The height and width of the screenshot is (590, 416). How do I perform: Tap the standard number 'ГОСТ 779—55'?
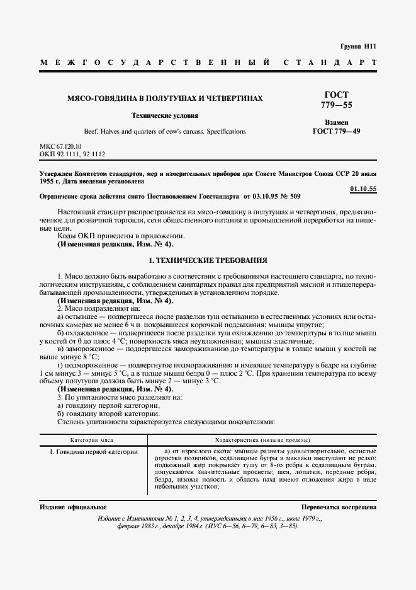335,100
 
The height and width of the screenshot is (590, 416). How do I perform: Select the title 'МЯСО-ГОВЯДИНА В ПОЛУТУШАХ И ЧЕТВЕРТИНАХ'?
165,99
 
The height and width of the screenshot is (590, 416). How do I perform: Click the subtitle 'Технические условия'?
165,116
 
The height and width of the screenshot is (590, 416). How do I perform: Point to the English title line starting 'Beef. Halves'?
165,132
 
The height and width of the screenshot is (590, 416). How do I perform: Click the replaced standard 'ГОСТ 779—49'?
336,132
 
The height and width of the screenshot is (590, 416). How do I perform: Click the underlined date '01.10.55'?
363,189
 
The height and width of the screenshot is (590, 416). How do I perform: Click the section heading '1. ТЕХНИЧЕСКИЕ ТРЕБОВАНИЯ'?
208,260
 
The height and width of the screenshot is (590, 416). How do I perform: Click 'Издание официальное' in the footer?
73,507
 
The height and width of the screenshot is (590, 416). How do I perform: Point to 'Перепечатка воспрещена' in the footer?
339,507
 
